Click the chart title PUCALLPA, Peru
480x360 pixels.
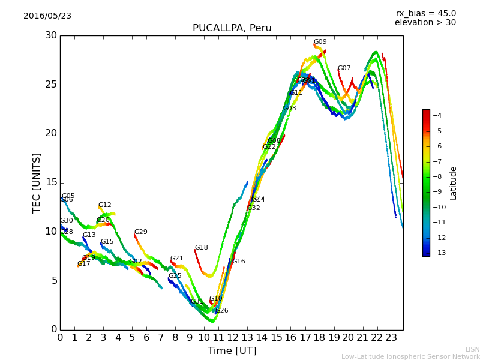(x=232, y=28)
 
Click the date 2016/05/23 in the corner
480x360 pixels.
(x=47, y=16)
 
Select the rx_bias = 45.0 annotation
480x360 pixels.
(x=425, y=13)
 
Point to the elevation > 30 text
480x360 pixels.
(x=425, y=23)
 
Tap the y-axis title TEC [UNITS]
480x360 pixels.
(x=37, y=182)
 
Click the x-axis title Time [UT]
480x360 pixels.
(x=232, y=350)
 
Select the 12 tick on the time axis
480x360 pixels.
(x=233, y=338)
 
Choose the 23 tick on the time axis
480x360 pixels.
(x=391, y=338)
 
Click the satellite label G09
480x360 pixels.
(x=320, y=42)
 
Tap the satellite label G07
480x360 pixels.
(x=344, y=68)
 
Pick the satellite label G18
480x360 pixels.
(x=201, y=248)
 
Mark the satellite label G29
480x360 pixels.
(x=140, y=232)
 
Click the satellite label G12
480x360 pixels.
(x=104, y=205)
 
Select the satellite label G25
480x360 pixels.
(x=175, y=276)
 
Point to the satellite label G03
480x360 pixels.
(x=289, y=109)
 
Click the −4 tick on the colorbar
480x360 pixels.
(x=437, y=115)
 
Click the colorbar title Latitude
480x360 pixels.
(x=454, y=182)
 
